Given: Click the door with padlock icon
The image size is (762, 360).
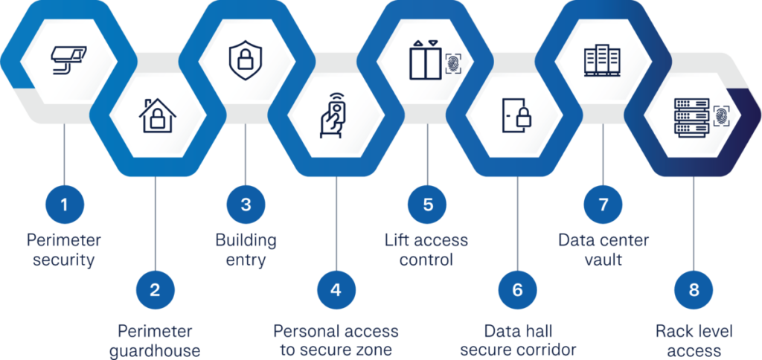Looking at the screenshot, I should [x=516, y=115].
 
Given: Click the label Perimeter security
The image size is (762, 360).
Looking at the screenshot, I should [x=63, y=251].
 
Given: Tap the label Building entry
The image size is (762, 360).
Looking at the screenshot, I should [x=246, y=251].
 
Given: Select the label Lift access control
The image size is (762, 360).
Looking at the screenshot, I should [x=426, y=251].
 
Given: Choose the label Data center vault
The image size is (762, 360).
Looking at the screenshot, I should [x=603, y=251].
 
